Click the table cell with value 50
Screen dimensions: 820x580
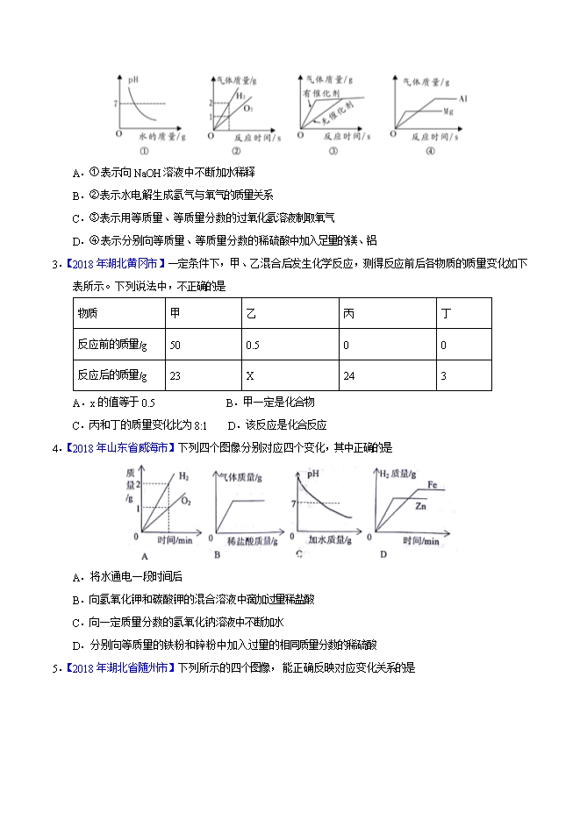coord(175,345)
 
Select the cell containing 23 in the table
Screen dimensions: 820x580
coord(175,375)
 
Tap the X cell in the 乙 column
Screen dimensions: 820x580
coord(250,375)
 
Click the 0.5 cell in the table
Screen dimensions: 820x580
coord(253,345)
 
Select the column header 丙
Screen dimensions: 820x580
coord(348,314)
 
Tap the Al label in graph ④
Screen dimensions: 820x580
coord(462,99)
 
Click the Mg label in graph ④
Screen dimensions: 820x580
coord(448,112)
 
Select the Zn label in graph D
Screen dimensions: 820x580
coord(421,507)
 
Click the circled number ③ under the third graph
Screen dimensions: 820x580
coord(333,150)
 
